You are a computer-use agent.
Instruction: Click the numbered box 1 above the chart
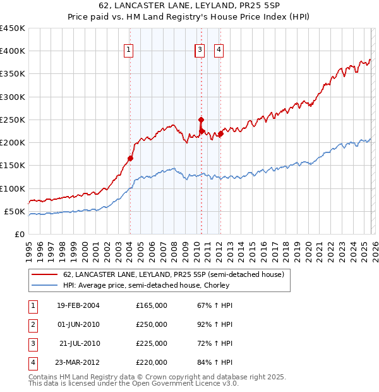[x=128, y=50]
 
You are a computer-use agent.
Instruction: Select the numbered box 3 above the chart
[x=200, y=50]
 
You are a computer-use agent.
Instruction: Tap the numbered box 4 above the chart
[x=219, y=50]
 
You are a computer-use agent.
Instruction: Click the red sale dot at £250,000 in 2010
[x=201, y=119]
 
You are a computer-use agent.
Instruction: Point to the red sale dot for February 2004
[x=130, y=158]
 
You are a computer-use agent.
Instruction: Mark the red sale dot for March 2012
[x=221, y=133]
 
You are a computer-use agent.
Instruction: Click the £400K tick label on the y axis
[x=13, y=51]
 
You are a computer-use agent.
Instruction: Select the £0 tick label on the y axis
[x=20, y=234]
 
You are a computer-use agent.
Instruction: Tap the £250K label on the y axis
[x=13, y=119]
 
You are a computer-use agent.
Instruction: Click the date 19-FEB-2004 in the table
[x=78, y=305]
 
